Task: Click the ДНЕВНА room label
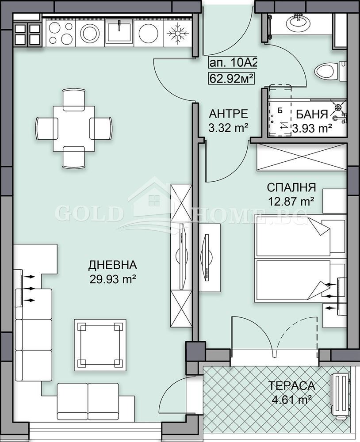(x=112, y=265)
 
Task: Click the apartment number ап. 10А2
(x=232, y=63)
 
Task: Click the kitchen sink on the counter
(x=119, y=32)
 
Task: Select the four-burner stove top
(x=61, y=32)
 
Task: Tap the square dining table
(x=73, y=128)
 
